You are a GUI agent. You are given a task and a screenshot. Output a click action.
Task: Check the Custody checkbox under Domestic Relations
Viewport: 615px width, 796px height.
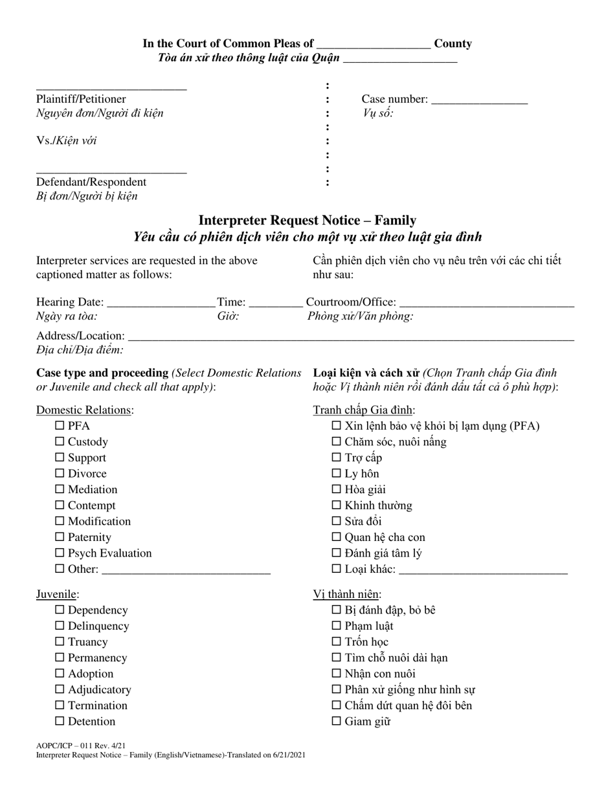(60, 441)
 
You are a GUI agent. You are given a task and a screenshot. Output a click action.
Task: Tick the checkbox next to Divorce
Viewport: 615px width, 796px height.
(60, 473)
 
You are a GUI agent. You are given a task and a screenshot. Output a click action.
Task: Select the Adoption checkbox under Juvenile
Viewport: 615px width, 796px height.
(60, 673)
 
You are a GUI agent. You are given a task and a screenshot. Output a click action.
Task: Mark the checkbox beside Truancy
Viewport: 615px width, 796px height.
(60, 641)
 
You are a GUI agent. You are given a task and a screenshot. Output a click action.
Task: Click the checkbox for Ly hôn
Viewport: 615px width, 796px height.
(337, 473)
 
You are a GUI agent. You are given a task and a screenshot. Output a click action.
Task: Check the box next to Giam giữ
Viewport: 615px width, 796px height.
(337, 721)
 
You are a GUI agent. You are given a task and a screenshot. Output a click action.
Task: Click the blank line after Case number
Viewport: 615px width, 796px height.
(479, 100)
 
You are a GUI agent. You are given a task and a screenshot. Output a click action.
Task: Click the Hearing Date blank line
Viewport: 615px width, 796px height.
(161, 302)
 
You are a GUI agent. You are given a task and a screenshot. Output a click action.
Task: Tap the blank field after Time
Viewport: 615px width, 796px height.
(275, 302)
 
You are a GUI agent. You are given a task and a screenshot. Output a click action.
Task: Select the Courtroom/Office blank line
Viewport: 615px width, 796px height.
(487, 302)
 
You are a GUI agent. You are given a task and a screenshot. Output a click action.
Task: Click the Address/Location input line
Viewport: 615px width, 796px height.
(351, 337)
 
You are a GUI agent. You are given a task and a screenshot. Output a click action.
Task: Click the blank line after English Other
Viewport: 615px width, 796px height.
(186, 570)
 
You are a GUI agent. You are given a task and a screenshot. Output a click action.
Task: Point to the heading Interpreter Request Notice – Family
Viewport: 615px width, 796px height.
(307, 220)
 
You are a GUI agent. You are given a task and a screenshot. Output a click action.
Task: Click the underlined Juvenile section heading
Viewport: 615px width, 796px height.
(57, 594)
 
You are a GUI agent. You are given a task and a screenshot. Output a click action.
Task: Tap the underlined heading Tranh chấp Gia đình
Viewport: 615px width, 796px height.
(364, 410)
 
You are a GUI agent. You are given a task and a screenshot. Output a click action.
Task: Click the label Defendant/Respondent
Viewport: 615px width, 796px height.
(91, 182)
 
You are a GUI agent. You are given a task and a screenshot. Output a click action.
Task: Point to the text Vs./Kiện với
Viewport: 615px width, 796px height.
(67, 140)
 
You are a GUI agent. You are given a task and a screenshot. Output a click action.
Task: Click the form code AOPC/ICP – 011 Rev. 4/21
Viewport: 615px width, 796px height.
(81, 746)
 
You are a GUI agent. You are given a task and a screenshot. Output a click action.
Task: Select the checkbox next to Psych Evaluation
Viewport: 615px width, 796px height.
(60, 553)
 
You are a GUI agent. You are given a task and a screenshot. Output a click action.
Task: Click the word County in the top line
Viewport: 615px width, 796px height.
(453, 43)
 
